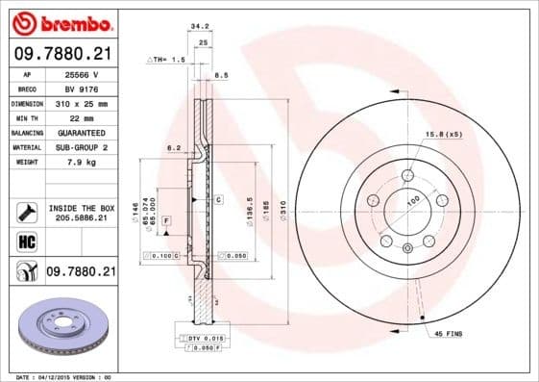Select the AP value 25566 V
point(82,73)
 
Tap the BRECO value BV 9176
point(82,88)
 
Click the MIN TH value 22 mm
point(80,116)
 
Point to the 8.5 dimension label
point(220,74)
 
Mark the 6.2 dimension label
point(174,147)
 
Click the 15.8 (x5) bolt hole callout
point(443,134)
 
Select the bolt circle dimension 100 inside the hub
point(414,199)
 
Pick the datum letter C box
point(218,199)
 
